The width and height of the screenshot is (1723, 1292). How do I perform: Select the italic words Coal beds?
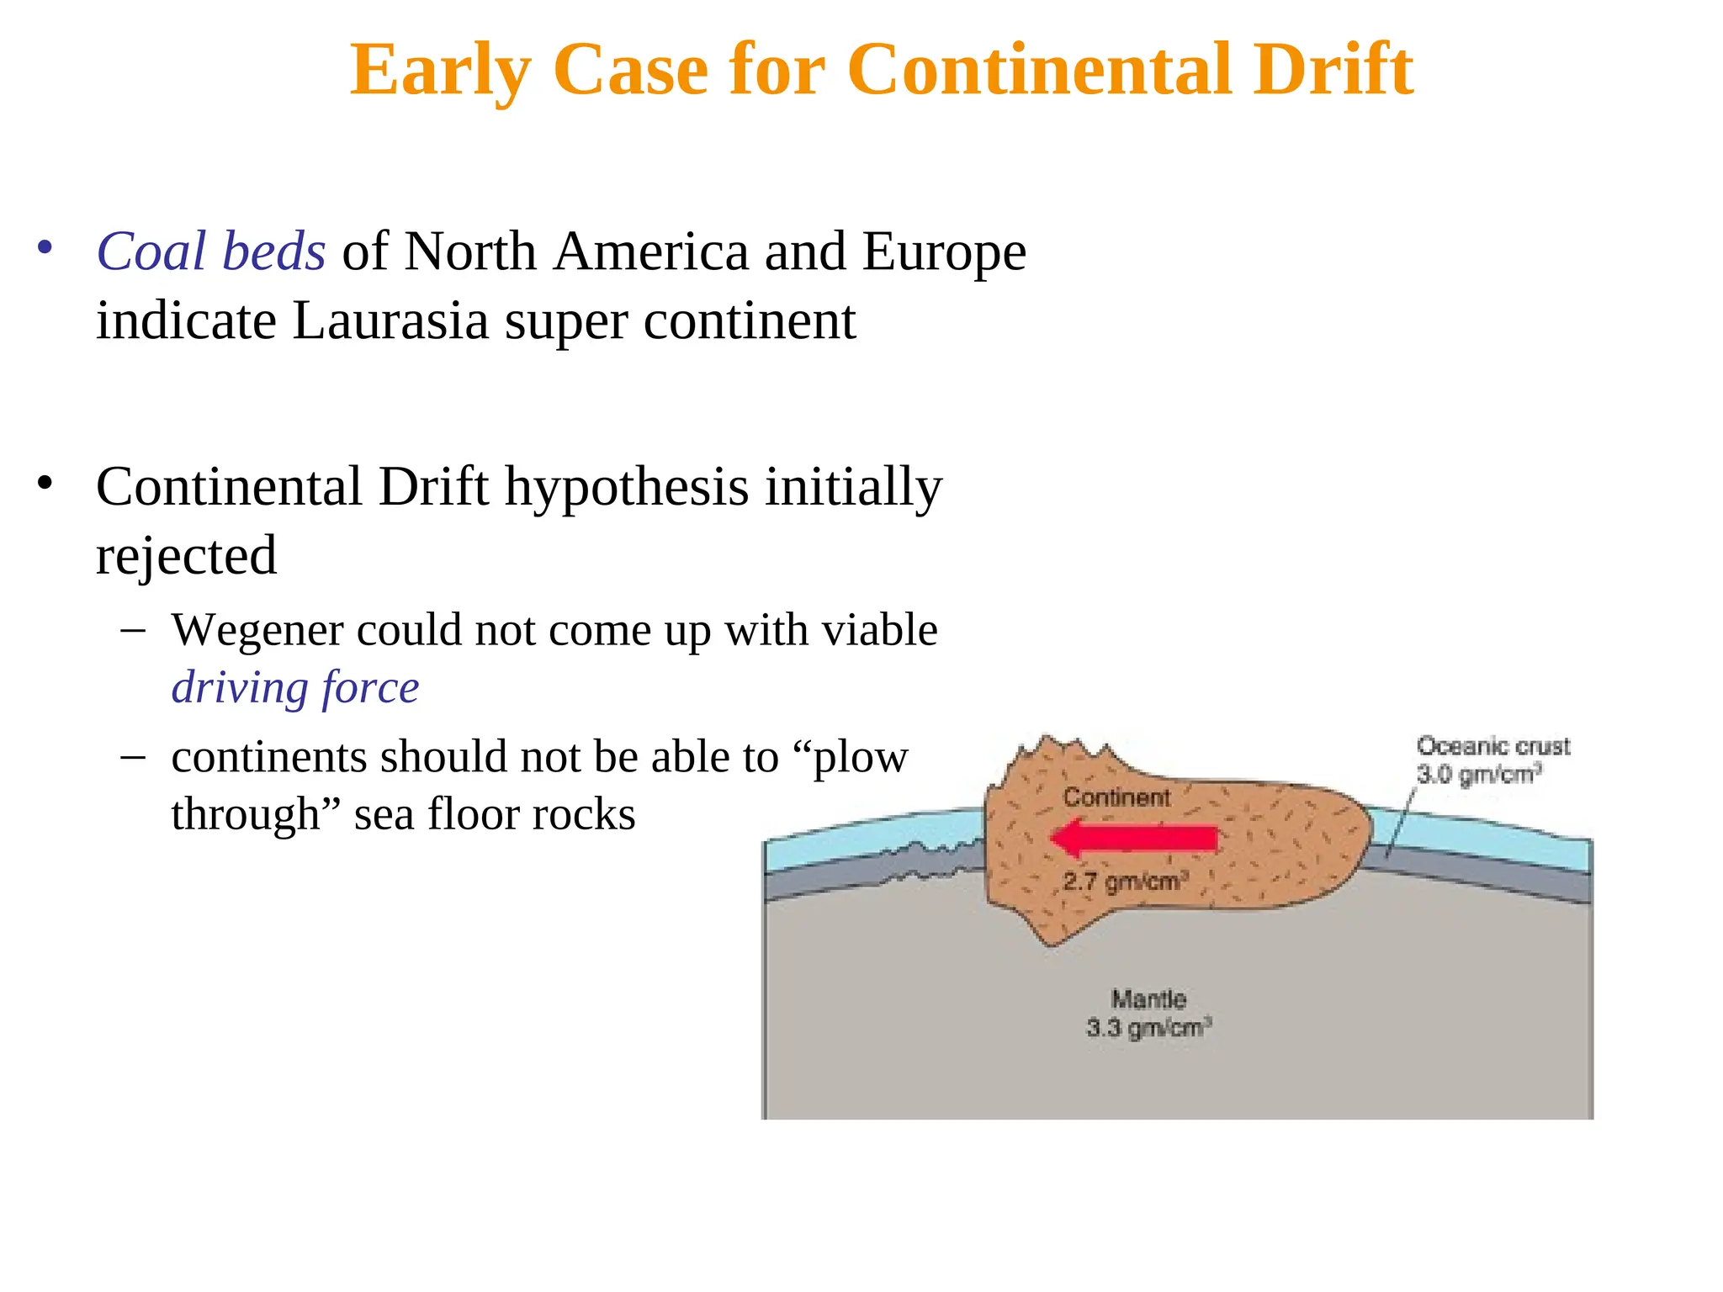pyautogui.click(x=210, y=252)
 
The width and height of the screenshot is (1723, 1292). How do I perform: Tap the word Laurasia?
pyautogui.click(x=390, y=321)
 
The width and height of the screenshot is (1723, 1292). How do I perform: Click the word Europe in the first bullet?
pyautogui.click(x=944, y=252)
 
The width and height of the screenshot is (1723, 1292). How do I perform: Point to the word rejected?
pyautogui.click(x=186, y=556)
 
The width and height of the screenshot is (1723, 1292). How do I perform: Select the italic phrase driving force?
pyautogui.click(x=295, y=688)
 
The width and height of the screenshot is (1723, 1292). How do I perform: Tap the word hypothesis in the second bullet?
pyautogui.click(x=626, y=487)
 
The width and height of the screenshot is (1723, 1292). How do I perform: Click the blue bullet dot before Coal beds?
pyautogui.click(x=45, y=248)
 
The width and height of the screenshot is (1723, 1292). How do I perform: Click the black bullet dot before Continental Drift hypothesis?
pyautogui.click(x=45, y=484)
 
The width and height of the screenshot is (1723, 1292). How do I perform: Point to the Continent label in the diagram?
pyautogui.click(x=1116, y=797)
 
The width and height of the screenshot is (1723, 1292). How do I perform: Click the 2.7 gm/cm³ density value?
pyautogui.click(x=1125, y=882)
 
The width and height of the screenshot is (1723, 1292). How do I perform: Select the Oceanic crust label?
pyautogui.click(x=1492, y=746)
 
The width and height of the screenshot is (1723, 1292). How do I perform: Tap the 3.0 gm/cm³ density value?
pyautogui.click(x=1478, y=774)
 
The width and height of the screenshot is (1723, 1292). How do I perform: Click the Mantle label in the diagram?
pyautogui.click(x=1148, y=999)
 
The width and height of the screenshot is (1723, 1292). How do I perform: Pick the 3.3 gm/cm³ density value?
pyautogui.click(x=1148, y=1028)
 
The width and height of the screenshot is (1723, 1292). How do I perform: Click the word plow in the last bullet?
pyautogui.click(x=859, y=757)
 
